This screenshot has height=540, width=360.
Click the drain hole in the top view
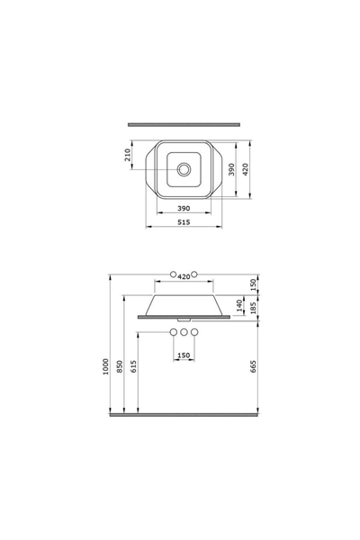(x=185, y=168)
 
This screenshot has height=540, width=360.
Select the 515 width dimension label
(x=185, y=221)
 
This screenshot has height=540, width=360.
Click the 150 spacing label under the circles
(x=184, y=355)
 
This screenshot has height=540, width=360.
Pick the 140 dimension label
(x=239, y=304)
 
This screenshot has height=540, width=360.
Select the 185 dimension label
(x=254, y=309)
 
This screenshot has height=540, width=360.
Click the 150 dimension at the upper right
(x=254, y=283)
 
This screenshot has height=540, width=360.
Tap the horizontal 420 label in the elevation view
(x=184, y=275)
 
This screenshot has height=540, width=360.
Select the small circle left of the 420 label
(x=172, y=274)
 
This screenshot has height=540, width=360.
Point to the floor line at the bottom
(x=184, y=417)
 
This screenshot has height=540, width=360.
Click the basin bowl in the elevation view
(x=184, y=302)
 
